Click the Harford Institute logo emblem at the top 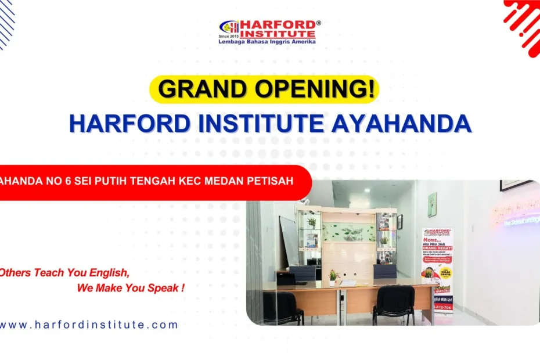point(229,27)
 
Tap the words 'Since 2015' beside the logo point(228,37)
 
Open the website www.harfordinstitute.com point(88,325)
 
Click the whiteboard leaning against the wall point(289,240)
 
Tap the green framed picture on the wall point(432,204)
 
